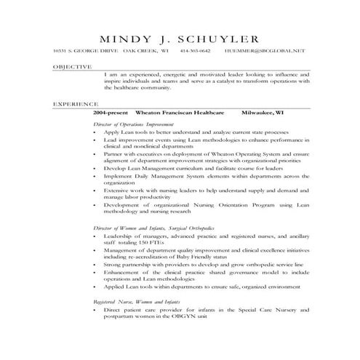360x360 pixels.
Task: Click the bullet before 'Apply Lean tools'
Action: click(97, 133)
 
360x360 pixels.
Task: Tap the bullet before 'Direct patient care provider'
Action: click(97, 309)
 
